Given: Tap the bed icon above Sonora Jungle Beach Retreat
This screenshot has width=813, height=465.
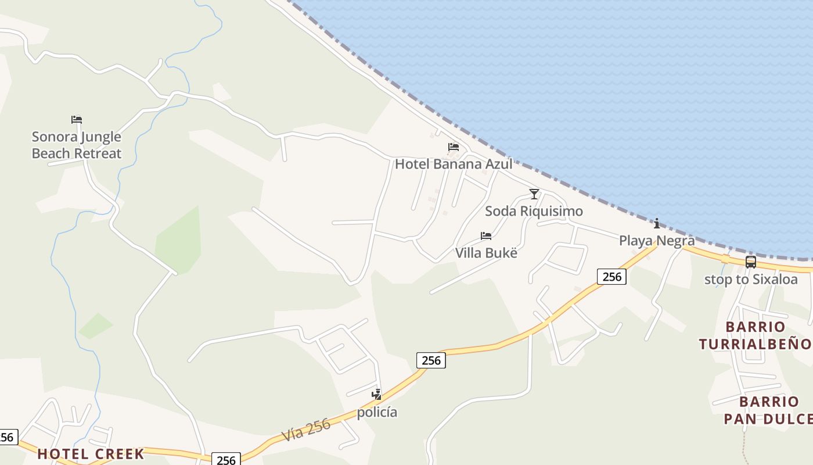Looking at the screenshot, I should tap(77, 120).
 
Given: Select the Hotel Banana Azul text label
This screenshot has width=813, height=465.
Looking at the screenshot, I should tap(454, 164).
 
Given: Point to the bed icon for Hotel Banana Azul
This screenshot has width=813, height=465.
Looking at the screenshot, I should tap(454, 146).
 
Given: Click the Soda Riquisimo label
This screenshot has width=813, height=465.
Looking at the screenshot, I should tap(534, 211).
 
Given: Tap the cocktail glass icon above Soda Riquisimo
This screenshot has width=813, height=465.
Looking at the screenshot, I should tap(534, 194).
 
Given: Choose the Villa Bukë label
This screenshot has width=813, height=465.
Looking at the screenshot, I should tap(486, 253).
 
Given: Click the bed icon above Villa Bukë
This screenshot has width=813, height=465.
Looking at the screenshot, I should tap(486, 235).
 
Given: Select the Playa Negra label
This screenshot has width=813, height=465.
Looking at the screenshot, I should tap(657, 240).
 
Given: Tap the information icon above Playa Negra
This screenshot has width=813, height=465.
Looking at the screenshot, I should tap(657, 223).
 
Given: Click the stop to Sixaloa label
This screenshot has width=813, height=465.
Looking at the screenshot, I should tap(751, 279).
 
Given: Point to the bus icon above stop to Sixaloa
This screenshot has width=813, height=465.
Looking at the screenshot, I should tap(751, 262).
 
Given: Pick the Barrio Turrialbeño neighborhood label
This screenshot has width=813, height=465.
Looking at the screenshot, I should tap(755, 335).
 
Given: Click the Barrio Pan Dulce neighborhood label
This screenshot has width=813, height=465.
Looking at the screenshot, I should tap(768, 410).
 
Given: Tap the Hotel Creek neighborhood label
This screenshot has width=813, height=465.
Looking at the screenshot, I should tap(91, 454).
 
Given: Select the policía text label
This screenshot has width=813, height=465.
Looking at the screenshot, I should tap(377, 412).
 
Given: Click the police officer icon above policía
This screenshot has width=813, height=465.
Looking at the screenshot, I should tap(377, 395).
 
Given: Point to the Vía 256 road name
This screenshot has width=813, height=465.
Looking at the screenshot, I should tap(306, 430).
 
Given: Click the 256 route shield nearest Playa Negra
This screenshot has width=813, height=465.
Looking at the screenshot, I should tap(612, 277).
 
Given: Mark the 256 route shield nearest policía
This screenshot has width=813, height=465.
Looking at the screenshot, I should tap(431, 360).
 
